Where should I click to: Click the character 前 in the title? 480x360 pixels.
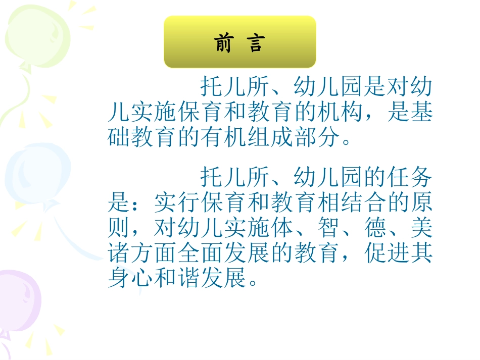point(222,44)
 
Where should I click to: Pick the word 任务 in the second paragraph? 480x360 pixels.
point(409,177)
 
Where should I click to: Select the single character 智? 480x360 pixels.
point(327,229)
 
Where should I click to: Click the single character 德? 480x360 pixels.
point(374,229)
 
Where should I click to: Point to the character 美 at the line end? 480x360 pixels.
point(421,229)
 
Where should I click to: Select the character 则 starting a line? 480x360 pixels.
point(120,229)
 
